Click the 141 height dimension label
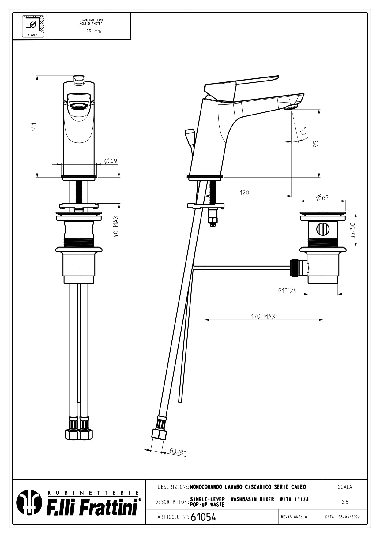[x=34, y=127]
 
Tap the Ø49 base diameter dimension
[x=111, y=161]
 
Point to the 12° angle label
[x=303, y=131]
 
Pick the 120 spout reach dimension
[x=244, y=193]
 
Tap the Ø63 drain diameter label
[x=322, y=197]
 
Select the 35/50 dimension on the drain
[x=352, y=231]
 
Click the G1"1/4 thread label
[x=287, y=291]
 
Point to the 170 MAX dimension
[x=263, y=316]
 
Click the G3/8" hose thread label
[x=178, y=452]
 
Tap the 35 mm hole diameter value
[x=93, y=32]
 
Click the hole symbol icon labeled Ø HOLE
[x=32, y=26]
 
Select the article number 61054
[x=203, y=517]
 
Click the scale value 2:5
[x=345, y=502]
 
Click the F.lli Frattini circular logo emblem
[x=29, y=503]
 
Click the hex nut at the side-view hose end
[x=159, y=434]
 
